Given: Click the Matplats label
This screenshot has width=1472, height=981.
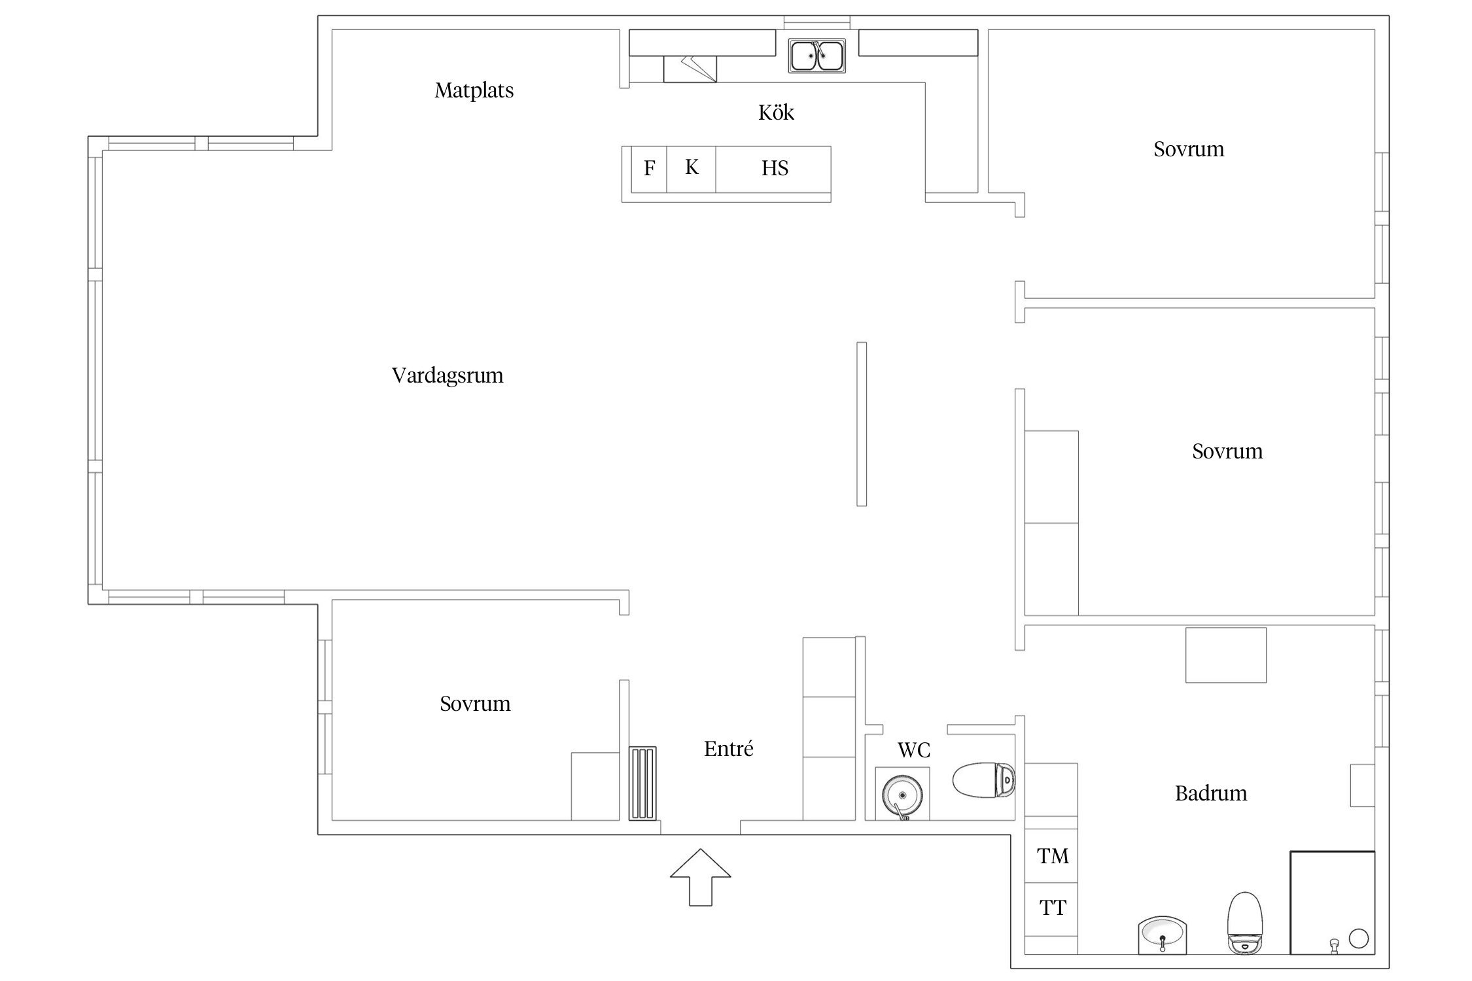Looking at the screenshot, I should click(x=474, y=90).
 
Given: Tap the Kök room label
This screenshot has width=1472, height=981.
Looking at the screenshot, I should click(x=776, y=112).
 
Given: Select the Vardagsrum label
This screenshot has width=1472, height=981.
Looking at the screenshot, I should click(x=447, y=375).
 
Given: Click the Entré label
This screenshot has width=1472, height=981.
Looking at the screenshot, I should click(x=728, y=749).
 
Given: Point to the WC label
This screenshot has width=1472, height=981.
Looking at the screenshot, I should click(x=913, y=750).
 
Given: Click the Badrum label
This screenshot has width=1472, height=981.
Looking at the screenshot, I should click(x=1210, y=793).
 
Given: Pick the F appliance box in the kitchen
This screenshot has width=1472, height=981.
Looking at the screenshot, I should click(x=649, y=169).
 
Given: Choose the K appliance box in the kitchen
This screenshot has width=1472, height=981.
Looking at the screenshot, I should click(x=692, y=168).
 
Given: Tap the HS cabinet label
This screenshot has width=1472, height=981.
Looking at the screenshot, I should click(x=775, y=169).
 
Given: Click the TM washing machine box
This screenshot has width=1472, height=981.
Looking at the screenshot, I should click(x=1052, y=856).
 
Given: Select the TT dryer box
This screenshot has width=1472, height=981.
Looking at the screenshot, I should click(x=1052, y=908).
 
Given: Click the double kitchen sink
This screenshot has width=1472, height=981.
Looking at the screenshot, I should click(x=816, y=56).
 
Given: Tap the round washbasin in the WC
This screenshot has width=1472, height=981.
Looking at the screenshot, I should click(x=902, y=795).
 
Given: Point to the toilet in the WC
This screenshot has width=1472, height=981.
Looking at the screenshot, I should click(x=983, y=780).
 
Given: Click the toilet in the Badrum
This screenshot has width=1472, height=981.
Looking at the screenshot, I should click(x=1244, y=922).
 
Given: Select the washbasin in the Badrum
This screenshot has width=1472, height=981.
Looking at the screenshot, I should click(x=1162, y=934).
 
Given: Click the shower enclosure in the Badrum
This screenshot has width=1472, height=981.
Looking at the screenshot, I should click(x=1331, y=902).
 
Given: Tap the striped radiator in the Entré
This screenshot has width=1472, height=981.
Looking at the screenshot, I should click(x=642, y=783).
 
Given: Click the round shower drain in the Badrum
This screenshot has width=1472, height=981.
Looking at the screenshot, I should click(x=1359, y=938).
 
